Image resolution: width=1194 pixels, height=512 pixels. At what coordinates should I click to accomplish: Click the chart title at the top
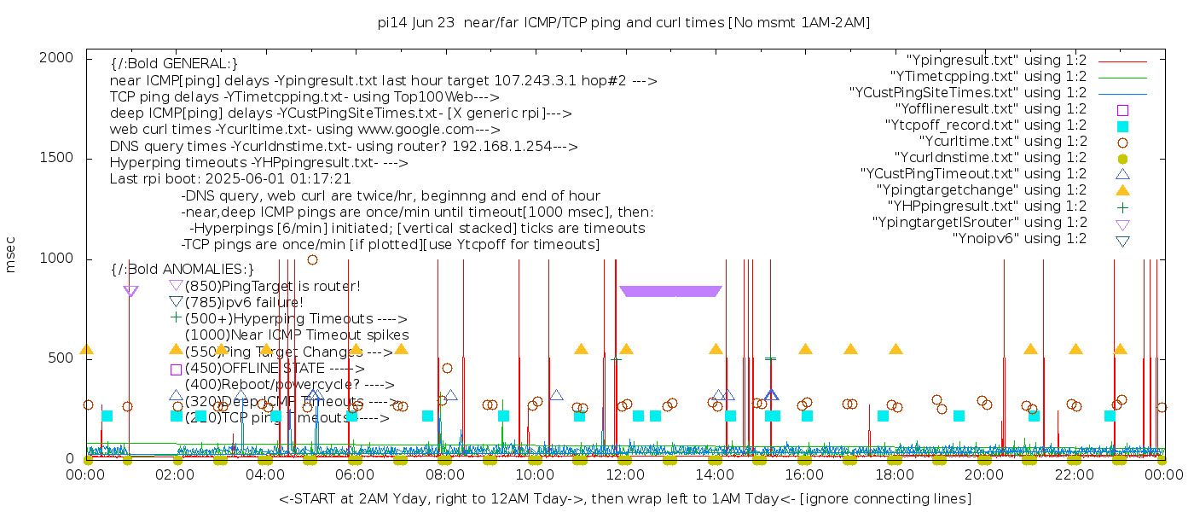(x=623, y=23)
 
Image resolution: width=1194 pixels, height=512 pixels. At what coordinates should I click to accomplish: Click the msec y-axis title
(x=11, y=253)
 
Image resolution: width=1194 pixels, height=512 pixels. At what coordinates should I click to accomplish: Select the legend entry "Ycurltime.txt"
(x=1002, y=142)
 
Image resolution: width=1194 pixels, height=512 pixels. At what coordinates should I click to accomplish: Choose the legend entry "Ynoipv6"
(x=1019, y=239)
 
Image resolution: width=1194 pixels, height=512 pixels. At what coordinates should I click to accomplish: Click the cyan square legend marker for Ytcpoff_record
(x=1122, y=126)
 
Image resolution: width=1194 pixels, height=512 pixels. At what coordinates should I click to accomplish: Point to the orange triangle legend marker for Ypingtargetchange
(x=1122, y=190)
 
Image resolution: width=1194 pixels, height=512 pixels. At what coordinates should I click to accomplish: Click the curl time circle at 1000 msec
(x=312, y=259)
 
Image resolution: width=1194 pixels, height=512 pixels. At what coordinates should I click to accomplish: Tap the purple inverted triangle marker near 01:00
(x=130, y=291)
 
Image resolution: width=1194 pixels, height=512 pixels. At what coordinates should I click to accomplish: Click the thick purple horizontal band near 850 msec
(x=671, y=291)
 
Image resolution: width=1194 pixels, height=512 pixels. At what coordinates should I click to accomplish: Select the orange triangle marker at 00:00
(x=86, y=349)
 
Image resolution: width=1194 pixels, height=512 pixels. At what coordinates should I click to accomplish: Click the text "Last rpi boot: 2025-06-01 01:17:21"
(x=230, y=179)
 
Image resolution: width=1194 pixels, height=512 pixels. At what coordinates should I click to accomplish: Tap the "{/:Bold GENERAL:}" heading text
(x=174, y=64)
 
